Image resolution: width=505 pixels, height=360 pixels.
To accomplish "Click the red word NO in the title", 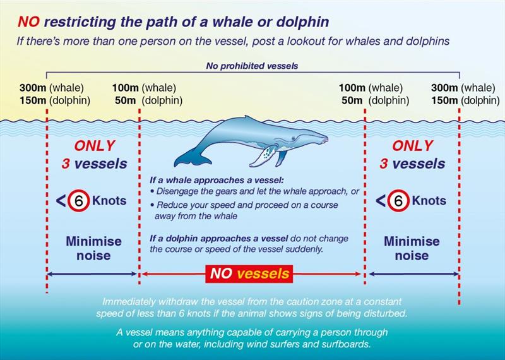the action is [28, 22].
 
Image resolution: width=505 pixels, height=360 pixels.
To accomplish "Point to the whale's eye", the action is [293, 138].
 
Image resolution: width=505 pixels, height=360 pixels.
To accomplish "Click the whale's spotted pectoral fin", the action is [263, 155].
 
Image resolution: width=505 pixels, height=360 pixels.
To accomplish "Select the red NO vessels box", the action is [249, 274].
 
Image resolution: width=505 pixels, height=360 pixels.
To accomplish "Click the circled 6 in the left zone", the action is [78, 200].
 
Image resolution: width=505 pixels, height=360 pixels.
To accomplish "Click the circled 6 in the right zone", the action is [398, 200].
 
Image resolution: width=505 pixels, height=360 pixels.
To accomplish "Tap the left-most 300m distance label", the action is [33, 88].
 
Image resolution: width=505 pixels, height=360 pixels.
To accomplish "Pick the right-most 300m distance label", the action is [444, 88].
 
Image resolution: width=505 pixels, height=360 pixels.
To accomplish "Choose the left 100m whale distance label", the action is [144, 88].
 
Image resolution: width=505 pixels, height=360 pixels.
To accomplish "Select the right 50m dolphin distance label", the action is [375, 100].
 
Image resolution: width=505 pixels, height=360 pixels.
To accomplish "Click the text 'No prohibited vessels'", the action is [252, 66].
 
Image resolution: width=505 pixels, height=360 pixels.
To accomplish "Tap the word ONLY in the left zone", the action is [94, 146].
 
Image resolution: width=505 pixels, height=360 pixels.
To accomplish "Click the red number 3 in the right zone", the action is [383, 164].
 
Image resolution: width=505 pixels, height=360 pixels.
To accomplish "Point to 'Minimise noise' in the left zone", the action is [93, 248].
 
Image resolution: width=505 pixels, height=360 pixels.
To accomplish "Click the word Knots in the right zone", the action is [429, 200].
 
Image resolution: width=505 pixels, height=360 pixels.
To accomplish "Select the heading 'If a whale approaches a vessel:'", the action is [217, 180].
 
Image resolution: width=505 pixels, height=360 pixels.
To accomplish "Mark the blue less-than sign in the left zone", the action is [61, 201].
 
